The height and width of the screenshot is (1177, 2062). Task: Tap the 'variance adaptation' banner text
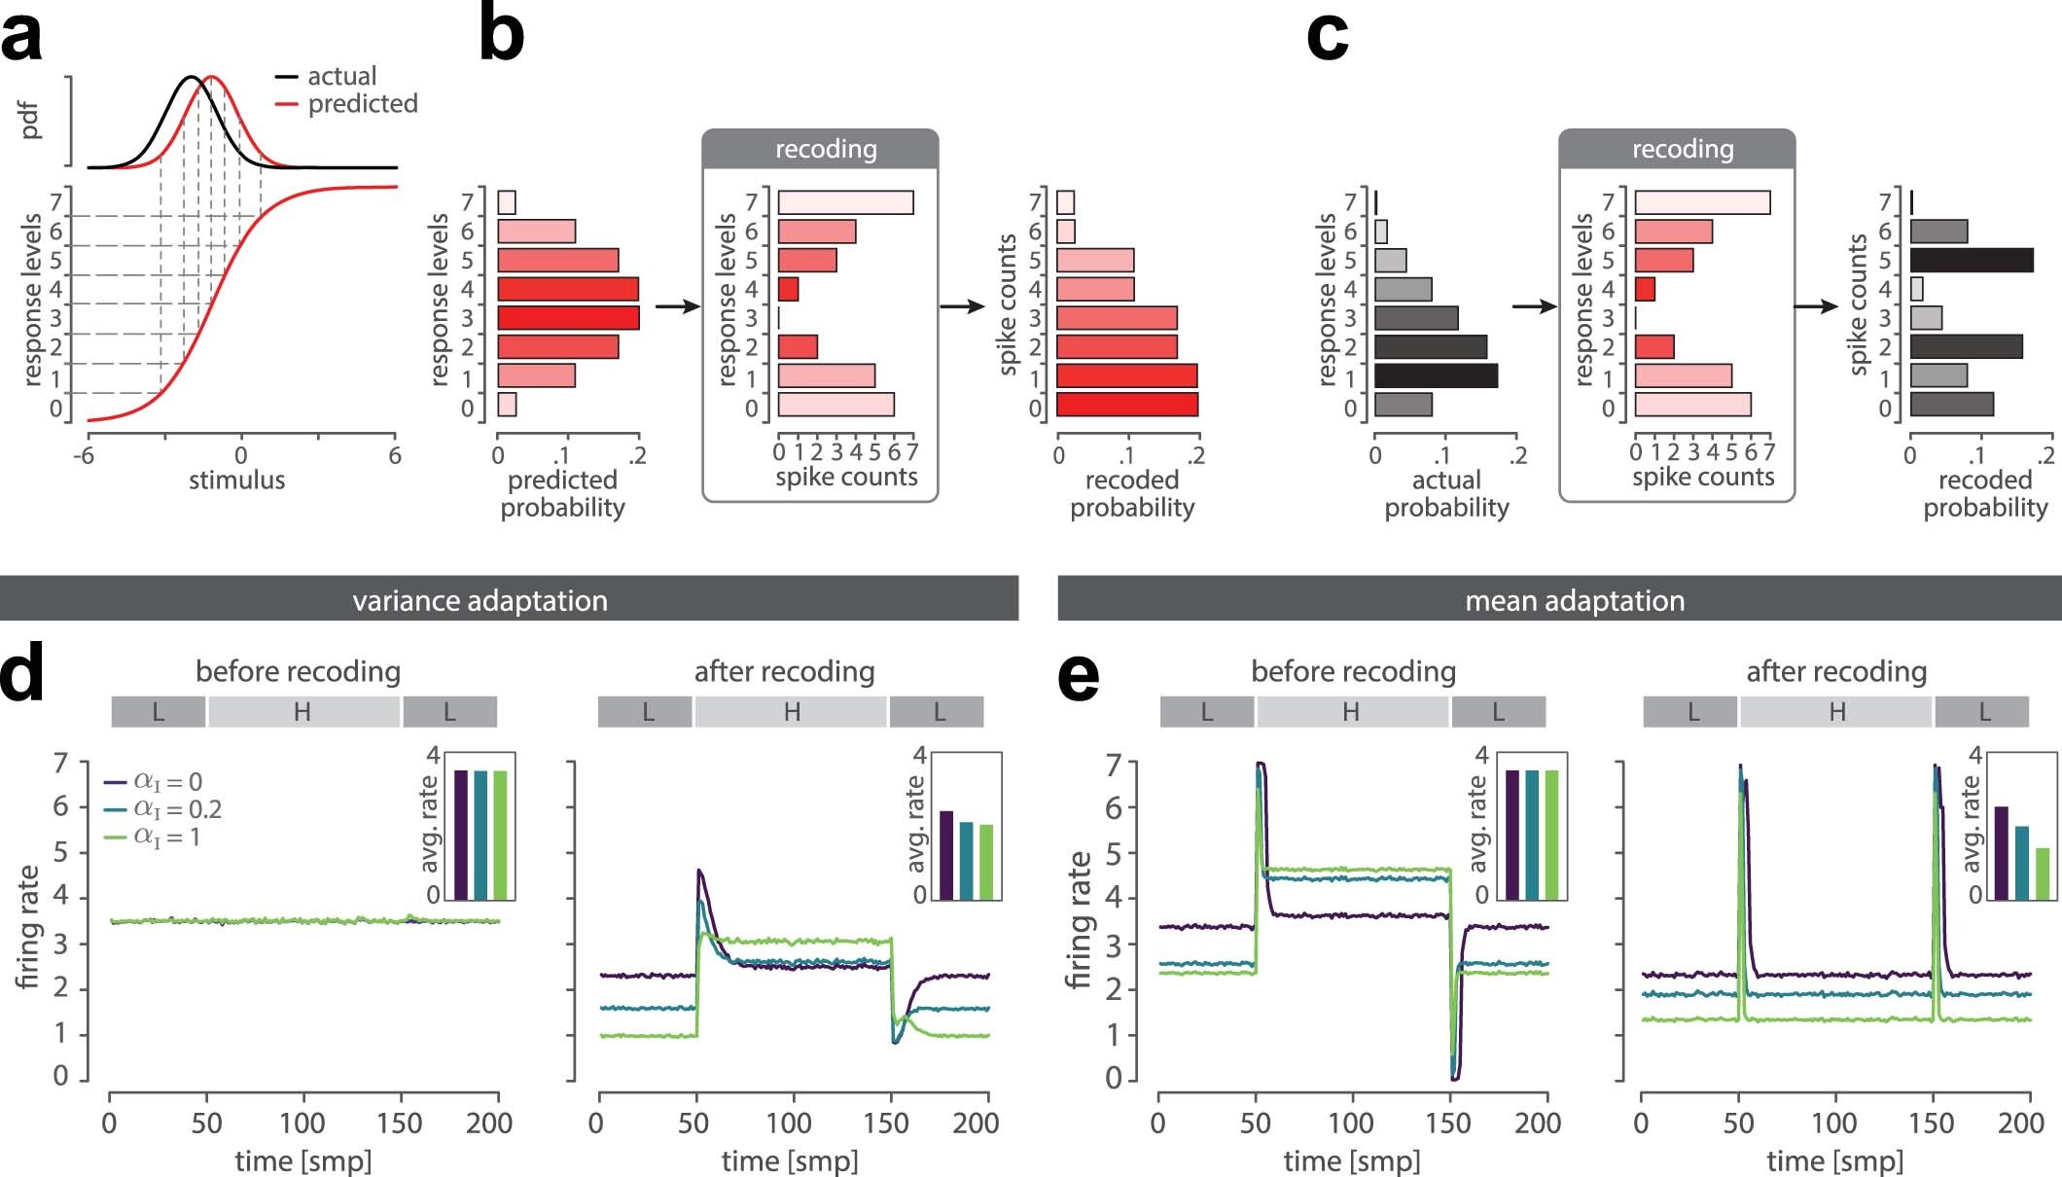(480, 600)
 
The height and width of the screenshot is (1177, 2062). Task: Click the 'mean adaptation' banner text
(1574, 600)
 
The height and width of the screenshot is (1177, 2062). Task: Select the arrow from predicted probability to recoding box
(677, 306)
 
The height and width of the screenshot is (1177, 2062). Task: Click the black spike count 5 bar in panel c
(1971, 261)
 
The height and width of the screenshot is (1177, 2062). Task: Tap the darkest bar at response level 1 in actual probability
(1436, 376)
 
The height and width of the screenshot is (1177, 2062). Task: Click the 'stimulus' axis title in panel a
(236, 480)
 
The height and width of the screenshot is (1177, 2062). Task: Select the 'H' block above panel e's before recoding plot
(1351, 712)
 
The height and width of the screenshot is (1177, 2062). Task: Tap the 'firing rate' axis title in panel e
(1080, 919)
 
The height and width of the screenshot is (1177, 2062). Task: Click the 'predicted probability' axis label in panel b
(562, 493)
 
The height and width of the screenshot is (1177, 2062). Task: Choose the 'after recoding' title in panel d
(784, 671)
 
